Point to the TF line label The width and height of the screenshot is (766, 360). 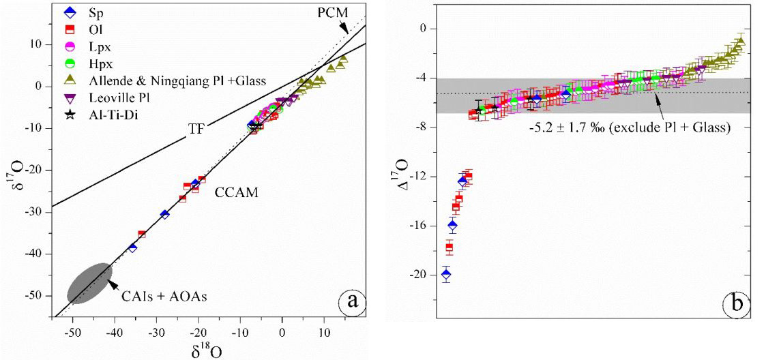pos(196,127)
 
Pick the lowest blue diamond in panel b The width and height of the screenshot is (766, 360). pos(446,275)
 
